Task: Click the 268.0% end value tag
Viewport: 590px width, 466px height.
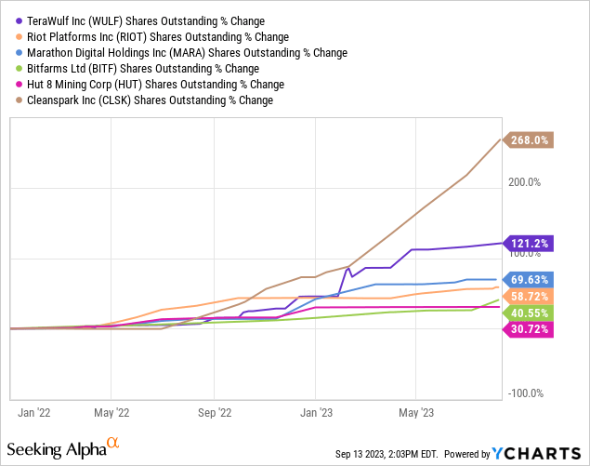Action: click(x=531, y=140)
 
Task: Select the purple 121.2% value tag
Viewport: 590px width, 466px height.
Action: click(x=531, y=244)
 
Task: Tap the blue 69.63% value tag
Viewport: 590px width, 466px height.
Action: click(x=531, y=279)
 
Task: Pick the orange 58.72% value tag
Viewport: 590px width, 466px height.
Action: click(x=531, y=296)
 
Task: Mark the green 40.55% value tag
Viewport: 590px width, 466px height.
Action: click(x=531, y=313)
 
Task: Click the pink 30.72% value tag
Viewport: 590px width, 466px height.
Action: click(x=531, y=330)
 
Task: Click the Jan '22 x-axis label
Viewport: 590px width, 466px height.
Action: click(x=37, y=411)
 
